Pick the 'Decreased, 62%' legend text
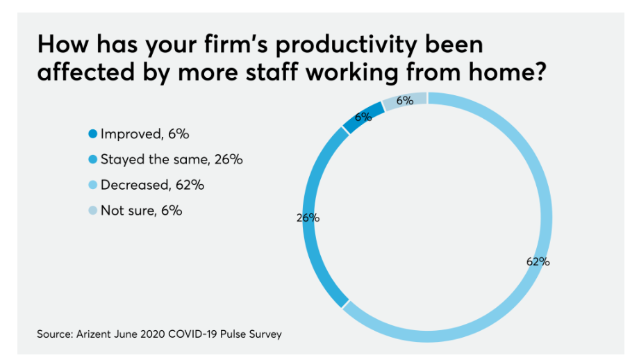[x=152, y=185]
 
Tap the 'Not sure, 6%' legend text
[x=141, y=210]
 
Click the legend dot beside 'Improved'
[x=93, y=134]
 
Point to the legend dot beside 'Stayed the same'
[x=93, y=160]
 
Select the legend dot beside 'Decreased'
[x=93, y=186]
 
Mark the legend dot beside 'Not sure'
[x=93, y=211]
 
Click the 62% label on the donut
[x=538, y=262]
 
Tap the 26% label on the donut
[x=308, y=218]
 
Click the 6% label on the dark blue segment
[x=363, y=117]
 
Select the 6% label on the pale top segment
[x=405, y=101]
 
